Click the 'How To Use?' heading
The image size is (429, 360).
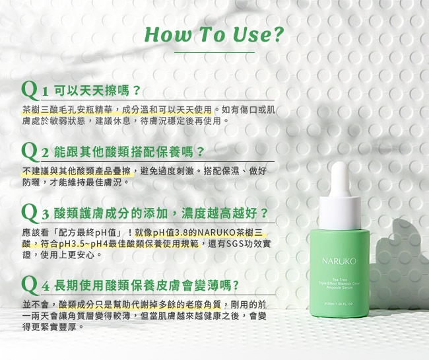click(214, 35)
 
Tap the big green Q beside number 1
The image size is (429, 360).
click(30, 90)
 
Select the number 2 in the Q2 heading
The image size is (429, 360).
click(45, 153)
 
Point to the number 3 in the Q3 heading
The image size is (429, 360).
click(45, 215)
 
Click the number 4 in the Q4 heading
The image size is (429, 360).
click(46, 287)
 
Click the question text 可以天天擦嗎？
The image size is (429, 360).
click(97, 91)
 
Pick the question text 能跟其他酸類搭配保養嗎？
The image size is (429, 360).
click(129, 152)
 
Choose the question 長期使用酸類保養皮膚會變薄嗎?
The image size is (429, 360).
click(147, 286)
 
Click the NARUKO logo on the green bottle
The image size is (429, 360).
click(339, 261)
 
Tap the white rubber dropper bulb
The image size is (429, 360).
click(340, 179)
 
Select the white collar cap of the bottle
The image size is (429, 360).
click(340, 213)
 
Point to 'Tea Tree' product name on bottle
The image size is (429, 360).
click(339, 280)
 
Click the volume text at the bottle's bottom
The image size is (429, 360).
click(339, 304)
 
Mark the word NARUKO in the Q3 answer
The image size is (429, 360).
click(217, 233)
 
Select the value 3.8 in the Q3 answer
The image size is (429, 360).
click(181, 233)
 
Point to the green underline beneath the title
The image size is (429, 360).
click(214, 52)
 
